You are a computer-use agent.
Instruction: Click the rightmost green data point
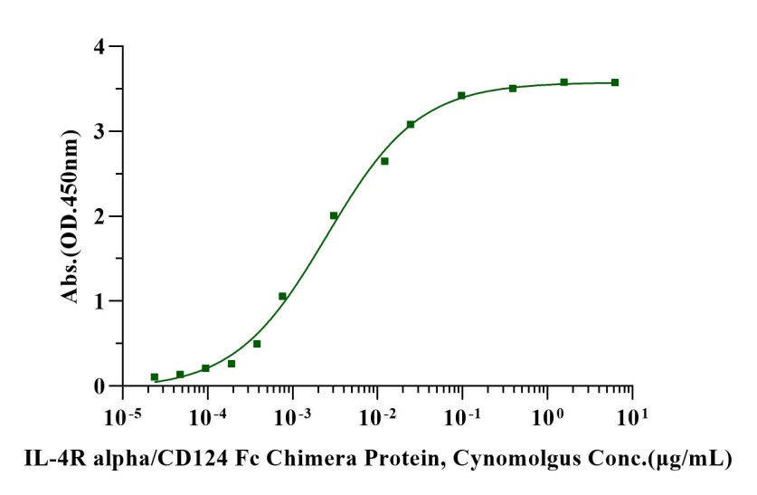(x=615, y=82)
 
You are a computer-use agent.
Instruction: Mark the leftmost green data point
(x=155, y=377)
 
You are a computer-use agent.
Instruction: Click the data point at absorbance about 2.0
(x=334, y=215)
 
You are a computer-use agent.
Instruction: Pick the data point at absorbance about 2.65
(x=384, y=161)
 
